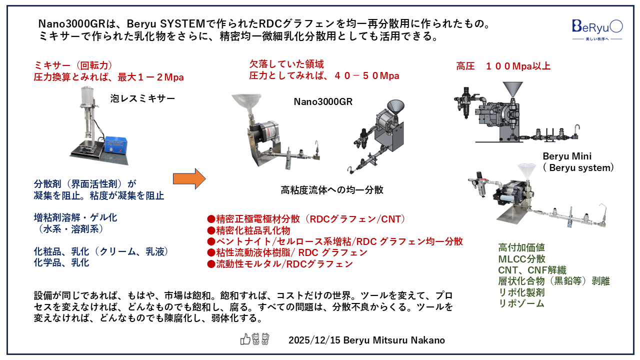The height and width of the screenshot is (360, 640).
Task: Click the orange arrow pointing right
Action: pos(189,178)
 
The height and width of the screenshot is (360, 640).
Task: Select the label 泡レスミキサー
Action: pos(142,99)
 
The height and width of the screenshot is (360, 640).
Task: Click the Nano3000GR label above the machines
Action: pos(323,102)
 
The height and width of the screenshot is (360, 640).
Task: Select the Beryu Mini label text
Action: pos(567,156)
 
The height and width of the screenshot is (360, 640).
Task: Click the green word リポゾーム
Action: pos(521,303)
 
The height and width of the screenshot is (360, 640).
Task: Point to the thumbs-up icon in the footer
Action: pos(245,339)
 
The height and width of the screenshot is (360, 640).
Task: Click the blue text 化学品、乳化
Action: pos(61,262)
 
